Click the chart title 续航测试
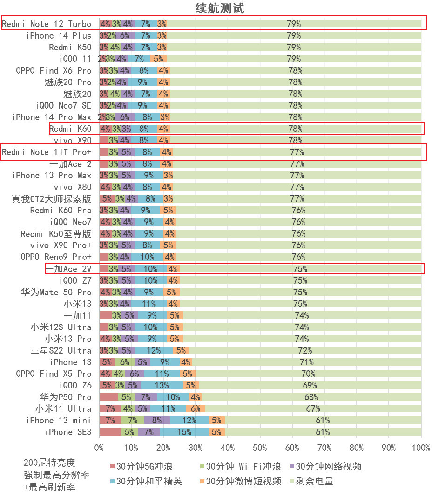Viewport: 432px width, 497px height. pos(220,8)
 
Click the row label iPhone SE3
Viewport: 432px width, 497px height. pos(68,432)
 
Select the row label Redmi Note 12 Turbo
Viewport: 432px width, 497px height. pos(47,24)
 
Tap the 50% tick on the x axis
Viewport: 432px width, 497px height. pos(260,448)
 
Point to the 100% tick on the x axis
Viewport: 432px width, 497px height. pos(420,448)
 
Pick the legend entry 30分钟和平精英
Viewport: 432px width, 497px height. pos(149,481)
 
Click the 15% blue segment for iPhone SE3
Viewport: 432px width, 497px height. pos(184,432)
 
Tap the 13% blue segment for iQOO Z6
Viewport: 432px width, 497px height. pos(162,385)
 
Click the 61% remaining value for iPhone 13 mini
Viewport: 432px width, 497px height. pos(323,420)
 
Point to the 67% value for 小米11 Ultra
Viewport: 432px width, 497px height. pos(313,408)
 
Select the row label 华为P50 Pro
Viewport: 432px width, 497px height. pos(66,397)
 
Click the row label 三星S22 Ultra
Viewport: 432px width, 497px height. pos(61,350)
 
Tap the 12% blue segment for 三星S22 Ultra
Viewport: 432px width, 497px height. pos(154,350)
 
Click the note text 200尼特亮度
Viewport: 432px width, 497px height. pos(49,463)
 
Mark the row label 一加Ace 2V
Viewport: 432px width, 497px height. pos(68,269)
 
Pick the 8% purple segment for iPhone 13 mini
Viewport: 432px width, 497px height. pos(157,420)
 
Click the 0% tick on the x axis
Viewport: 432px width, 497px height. pos(99,448)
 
